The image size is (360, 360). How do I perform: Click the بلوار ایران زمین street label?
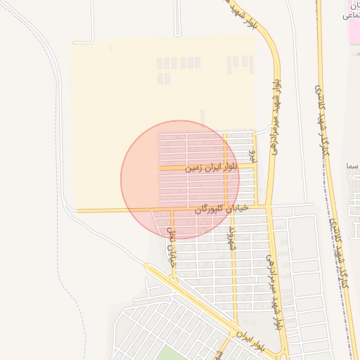coord(211,168)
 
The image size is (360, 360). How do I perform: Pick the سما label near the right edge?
coord(352,168)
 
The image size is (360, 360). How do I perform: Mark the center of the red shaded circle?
coord(180,179)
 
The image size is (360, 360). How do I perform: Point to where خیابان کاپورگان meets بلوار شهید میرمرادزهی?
coord(268,206)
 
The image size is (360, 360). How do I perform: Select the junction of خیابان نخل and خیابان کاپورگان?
coord(172,210)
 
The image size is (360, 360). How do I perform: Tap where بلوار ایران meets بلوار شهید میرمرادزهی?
coord(282,352)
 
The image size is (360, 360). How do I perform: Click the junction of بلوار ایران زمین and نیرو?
coord(255,166)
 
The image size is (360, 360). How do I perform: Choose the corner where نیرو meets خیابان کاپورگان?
coord(255,207)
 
